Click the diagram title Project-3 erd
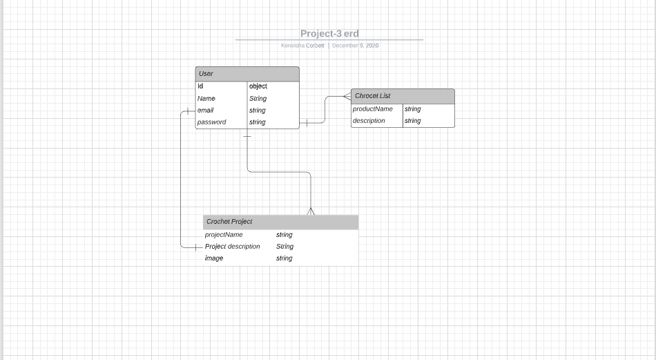point(329,33)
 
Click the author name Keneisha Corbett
point(302,46)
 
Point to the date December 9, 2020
point(355,46)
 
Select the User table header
point(247,74)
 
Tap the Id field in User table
point(200,86)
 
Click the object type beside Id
point(258,86)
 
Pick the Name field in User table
point(206,99)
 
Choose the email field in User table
point(205,111)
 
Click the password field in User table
point(211,122)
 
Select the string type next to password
point(257,122)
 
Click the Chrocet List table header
point(403,96)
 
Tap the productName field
point(372,109)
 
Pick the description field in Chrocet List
point(369,121)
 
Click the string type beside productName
point(412,109)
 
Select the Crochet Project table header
point(280,222)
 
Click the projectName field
point(224,235)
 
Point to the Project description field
point(233,247)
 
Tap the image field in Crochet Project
point(214,258)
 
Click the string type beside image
point(284,258)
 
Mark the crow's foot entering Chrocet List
point(347,97)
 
